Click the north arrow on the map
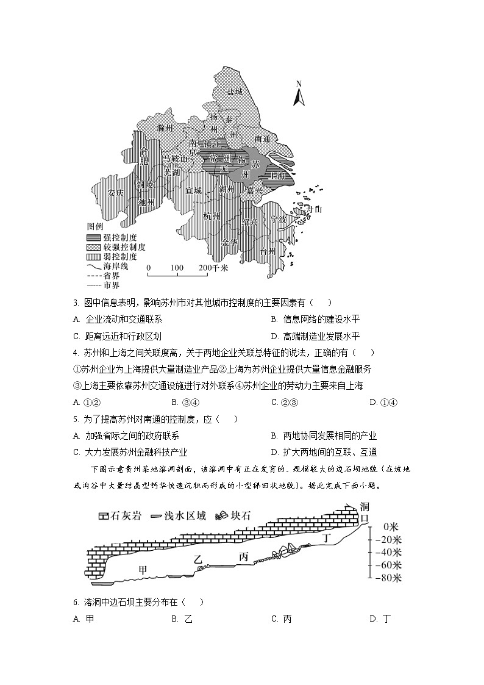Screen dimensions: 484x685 tap(299, 94)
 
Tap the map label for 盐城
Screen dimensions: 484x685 tap(235, 92)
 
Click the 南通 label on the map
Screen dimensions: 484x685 tap(262, 139)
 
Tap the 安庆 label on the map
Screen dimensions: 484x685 tap(116, 193)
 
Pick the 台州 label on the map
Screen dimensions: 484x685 tap(268, 251)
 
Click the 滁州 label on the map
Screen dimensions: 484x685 tap(165, 128)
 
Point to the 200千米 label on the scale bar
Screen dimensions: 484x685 tap(213, 268)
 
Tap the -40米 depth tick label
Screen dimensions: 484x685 tap(388, 551)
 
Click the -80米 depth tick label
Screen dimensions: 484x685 tap(388, 577)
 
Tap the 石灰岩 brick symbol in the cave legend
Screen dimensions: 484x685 tap(103, 515)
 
